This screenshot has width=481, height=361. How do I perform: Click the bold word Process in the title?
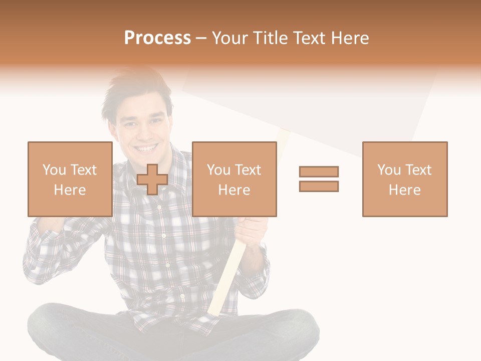[x=157, y=38]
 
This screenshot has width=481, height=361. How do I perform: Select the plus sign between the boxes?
[x=152, y=179]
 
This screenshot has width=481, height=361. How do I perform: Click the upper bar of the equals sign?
[x=319, y=171]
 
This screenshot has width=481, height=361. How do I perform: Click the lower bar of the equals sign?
[x=319, y=186]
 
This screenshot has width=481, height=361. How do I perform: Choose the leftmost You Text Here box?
[x=70, y=179]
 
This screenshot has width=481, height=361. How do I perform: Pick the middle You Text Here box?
[x=234, y=179]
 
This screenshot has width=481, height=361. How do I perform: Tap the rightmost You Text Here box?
[x=404, y=179]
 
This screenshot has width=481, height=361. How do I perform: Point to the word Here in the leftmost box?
[x=70, y=190]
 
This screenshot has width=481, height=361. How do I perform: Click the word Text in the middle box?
[x=248, y=170]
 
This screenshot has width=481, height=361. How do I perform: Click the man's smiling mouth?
[x=146, y=148]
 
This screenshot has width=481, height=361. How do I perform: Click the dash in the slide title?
[x=201, y=39]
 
